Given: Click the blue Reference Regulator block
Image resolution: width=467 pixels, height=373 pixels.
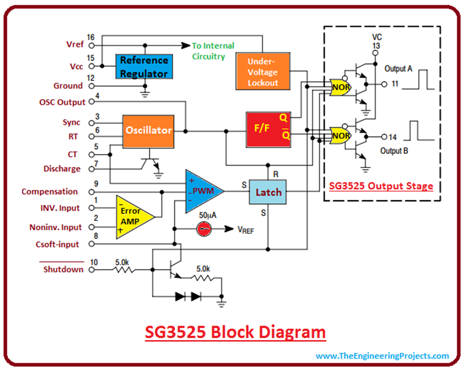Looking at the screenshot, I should pos(144,66).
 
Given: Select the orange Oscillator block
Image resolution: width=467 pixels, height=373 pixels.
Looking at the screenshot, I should pos(148,130).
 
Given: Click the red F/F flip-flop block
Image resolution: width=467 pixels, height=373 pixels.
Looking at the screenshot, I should pos(269,130).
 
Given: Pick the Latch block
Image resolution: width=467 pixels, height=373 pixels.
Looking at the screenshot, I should pos(268,192).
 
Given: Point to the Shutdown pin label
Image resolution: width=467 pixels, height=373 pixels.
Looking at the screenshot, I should pos(63,269).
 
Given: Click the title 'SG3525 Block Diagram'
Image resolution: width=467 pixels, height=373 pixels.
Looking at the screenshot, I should pos(235,333).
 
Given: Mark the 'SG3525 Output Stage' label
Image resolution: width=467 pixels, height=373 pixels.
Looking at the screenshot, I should pos(381,186).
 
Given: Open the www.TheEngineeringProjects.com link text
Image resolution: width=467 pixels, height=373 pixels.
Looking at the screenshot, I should pos(382,355).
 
